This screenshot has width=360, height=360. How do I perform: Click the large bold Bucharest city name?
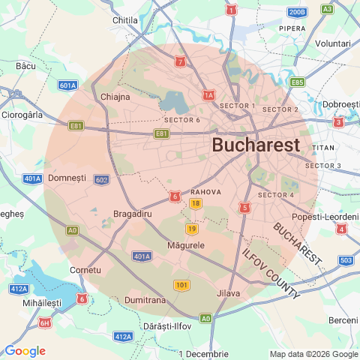tap(256, 145)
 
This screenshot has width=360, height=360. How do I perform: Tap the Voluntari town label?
tap(332, 43)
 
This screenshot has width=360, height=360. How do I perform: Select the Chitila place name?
tap(124, 20)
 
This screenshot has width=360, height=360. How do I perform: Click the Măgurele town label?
tap(186, 245)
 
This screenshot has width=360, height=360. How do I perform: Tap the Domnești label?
tap(67, 178)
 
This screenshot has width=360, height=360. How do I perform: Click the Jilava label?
tap(228, 293)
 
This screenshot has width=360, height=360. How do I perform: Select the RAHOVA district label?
tap(205, 192)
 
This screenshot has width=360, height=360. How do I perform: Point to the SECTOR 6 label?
tap(181, 120)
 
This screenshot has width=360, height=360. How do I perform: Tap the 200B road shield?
tap(297, 12)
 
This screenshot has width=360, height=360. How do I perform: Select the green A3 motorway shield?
tap(327, 9)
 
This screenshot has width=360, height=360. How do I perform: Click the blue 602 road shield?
tap(102, 180)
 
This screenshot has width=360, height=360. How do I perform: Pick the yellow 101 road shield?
tap(181, 285)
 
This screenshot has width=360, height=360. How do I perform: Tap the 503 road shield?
tap(345, 260)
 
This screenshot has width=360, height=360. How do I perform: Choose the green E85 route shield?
tap(297, 82)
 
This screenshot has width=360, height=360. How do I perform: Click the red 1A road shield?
tap(208, 95)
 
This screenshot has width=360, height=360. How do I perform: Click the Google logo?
tap(25, 351)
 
